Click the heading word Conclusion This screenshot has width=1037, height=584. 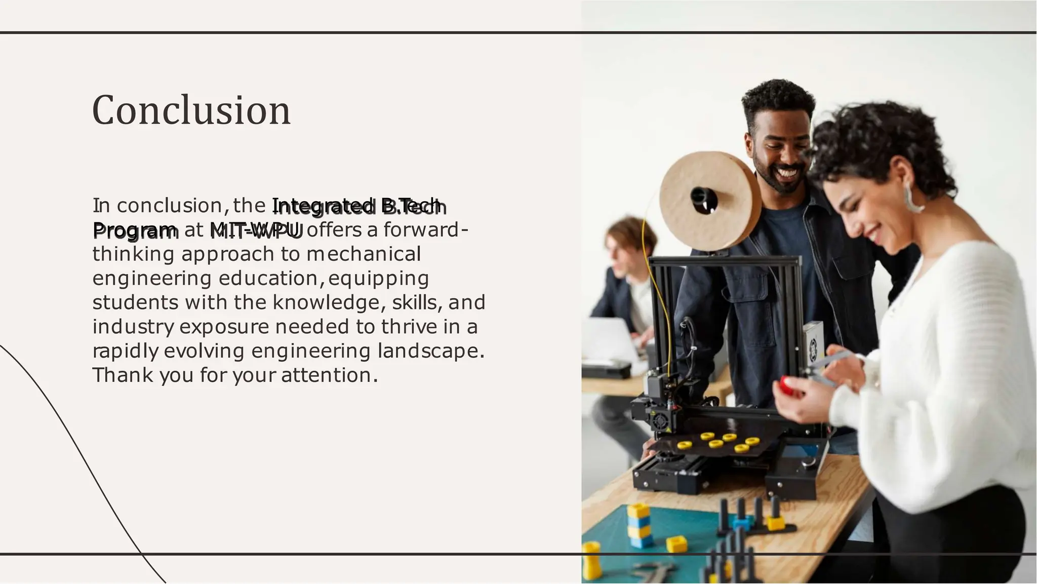coord(191,110)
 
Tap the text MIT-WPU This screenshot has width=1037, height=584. coord(256,230)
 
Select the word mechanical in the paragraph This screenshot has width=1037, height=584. coord(364,254)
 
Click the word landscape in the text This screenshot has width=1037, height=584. coord(427,351)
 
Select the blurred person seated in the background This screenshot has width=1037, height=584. coord(620,284)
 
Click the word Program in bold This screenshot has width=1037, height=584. coord(135,230)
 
